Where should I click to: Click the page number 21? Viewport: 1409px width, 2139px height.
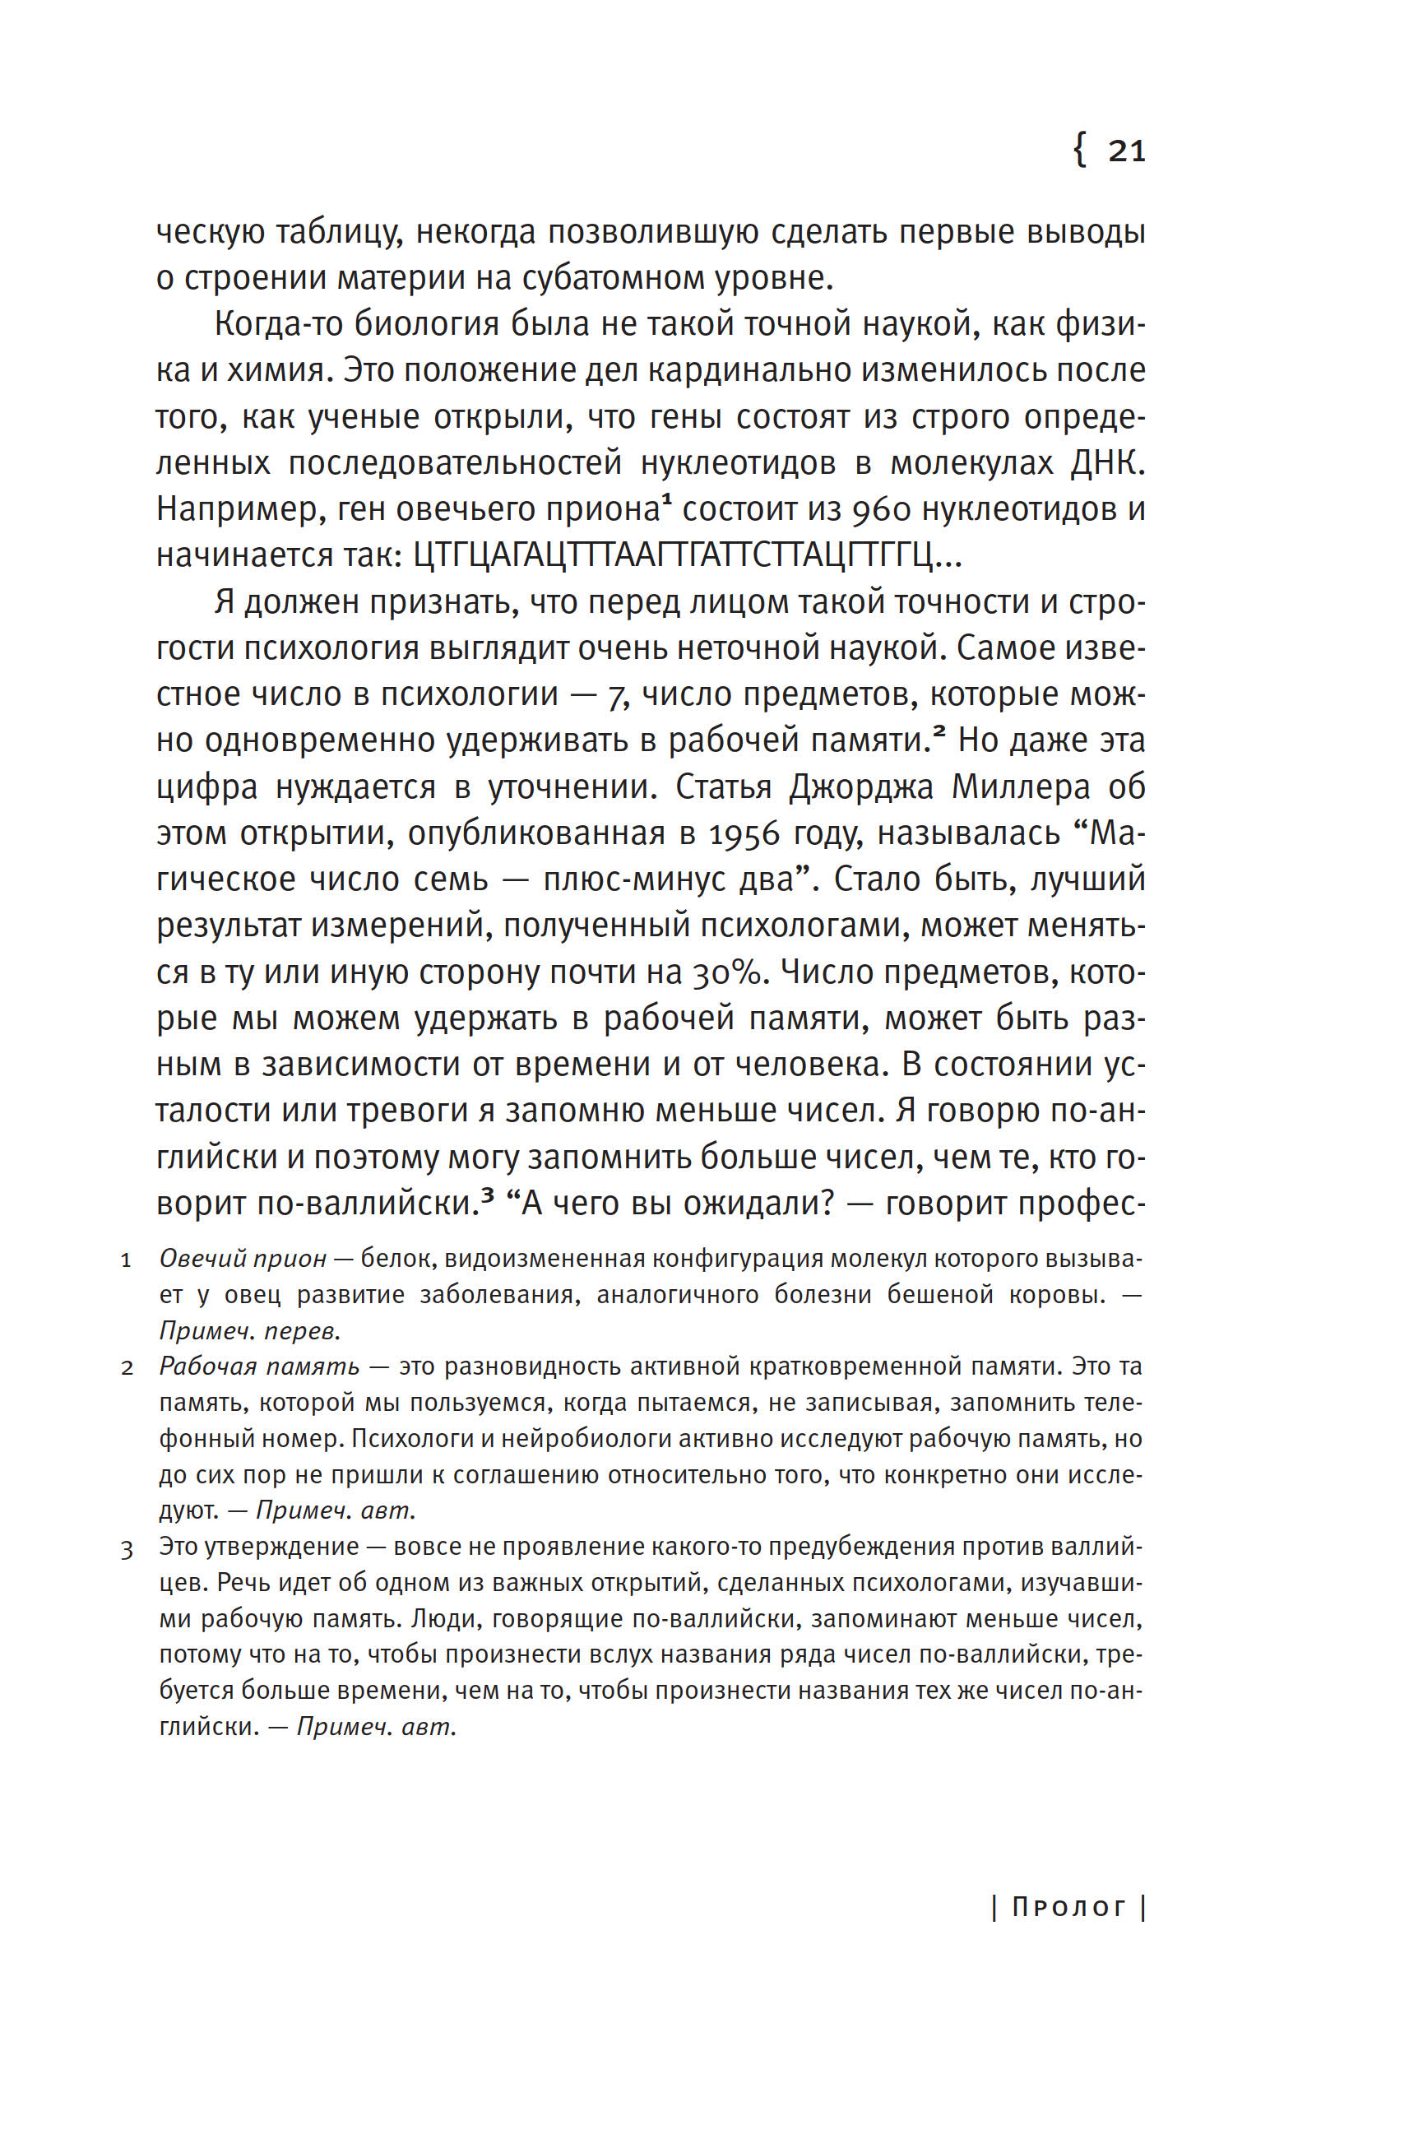coord(1126,151)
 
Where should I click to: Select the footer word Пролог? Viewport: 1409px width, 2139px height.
coord(1068,1907)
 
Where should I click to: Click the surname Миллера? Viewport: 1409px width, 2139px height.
coord(1021,787)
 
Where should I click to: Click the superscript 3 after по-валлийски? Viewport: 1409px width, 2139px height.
coord(488,1192)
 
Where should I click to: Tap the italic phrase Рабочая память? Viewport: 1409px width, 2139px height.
coord(259,1367)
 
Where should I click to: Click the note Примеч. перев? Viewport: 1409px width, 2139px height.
coord(250,1330)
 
